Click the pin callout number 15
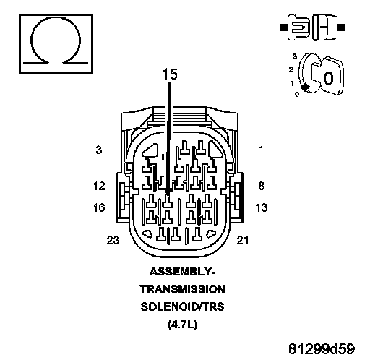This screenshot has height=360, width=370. [170, 74]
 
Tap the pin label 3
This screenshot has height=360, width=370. [99, 150]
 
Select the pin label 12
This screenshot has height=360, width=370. [99, 186]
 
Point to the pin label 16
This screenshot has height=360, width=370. [99, 207]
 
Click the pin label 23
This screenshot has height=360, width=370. [113, 240]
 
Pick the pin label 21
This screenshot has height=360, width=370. [243, 240]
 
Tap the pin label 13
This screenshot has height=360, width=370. [262, 207]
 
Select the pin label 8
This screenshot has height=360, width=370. [261, 186]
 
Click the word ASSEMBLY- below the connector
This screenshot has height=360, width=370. [182, 272]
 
